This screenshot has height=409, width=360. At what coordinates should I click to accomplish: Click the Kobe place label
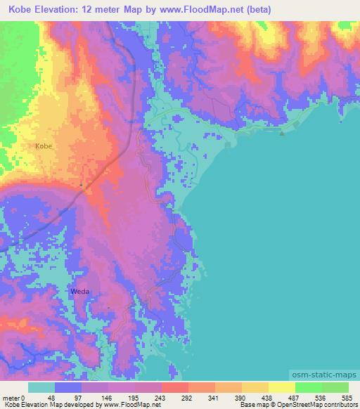[43, 146]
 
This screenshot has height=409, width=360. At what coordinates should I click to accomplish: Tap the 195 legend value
[134, 397]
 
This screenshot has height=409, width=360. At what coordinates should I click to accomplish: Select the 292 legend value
[188, 397]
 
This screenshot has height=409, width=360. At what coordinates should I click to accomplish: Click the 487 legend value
[294, 397]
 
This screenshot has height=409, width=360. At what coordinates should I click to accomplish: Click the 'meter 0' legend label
[13, 397]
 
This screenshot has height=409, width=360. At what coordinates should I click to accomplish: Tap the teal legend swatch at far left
[41, 387]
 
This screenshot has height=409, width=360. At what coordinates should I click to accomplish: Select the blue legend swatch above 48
[68, 387]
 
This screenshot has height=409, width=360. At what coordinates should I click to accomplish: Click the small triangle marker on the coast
[282, 132]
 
